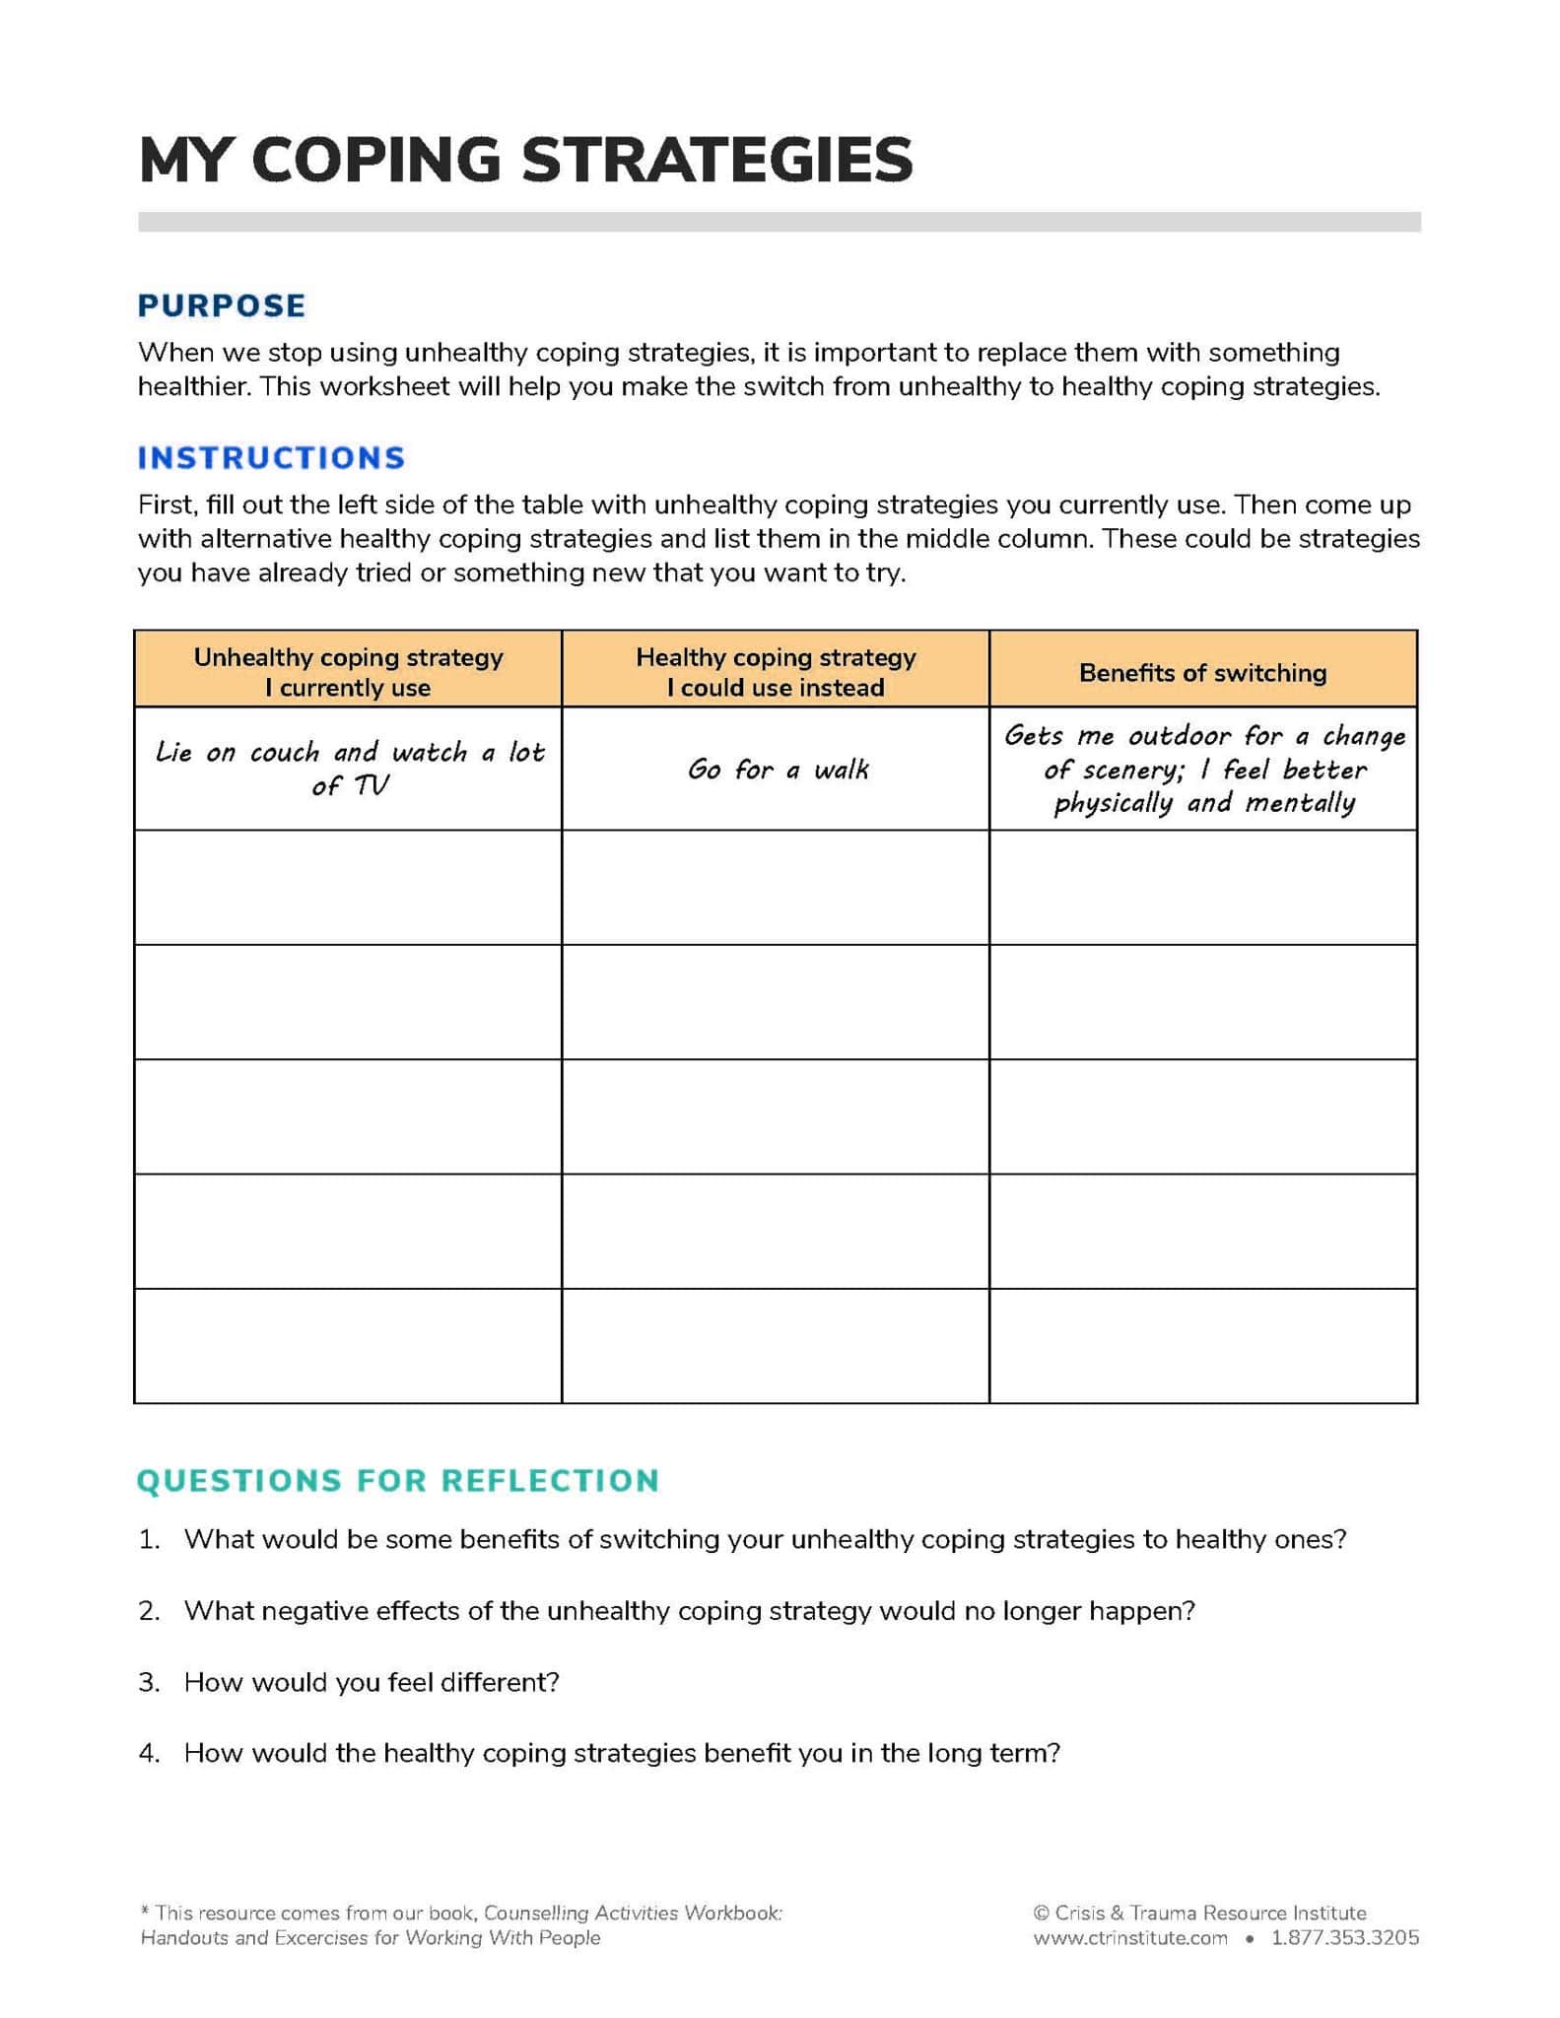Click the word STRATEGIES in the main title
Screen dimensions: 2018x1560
click(x=716, y=160)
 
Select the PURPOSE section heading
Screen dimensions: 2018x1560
click(x=222, y=305)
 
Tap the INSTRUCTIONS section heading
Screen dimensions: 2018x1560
click(x=271, y=457)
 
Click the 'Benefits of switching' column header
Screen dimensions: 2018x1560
click(x=1202, y=672)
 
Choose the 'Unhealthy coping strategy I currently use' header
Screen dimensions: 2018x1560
click(x=348, y=671)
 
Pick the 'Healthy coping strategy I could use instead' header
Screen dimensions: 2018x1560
click(x=776, y=671)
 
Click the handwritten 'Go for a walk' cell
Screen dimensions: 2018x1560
click(x=778, y=769)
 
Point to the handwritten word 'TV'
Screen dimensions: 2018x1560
click(x=372, y=785)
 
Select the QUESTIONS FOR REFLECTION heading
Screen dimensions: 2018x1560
click(x=397, y=1480)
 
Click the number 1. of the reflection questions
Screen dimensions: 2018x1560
click(x=149, y=1539)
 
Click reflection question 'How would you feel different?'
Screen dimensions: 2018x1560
click(x=372, y=1681)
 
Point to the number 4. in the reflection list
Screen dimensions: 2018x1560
click(x=149, y=1752)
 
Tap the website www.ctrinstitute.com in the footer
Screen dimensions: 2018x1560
click(x=1129, y=1937)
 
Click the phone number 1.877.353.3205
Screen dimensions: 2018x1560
click(x=1344, y=1937)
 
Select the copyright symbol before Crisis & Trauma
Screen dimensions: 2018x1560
click(x=1042, y=1913)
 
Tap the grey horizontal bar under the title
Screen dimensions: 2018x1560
click(x=779, y=222)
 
